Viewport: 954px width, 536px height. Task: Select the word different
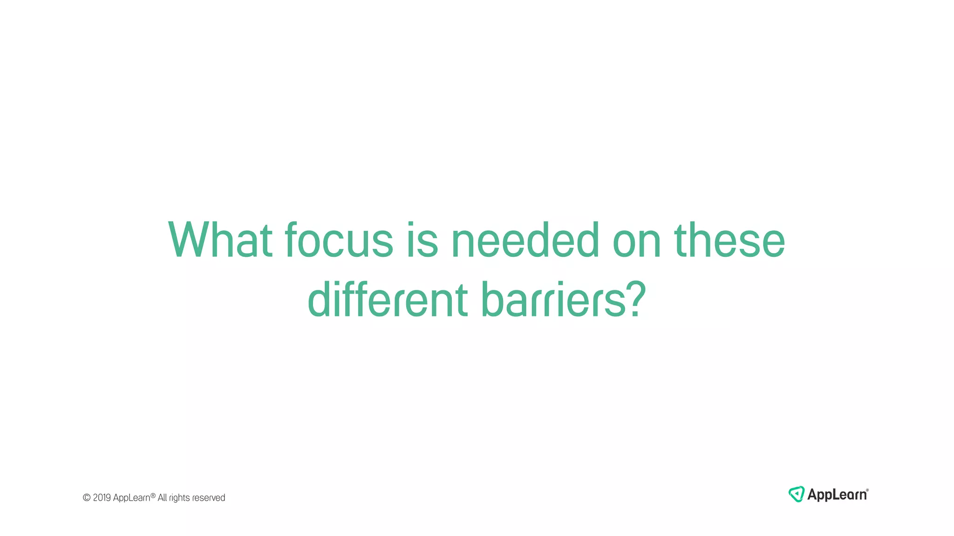point(388,300)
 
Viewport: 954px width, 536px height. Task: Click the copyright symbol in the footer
point(87,498)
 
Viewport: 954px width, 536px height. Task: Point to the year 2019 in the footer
point(102,498)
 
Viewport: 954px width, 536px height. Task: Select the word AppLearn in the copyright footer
point(131,498)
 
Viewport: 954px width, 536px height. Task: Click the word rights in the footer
point(179,498)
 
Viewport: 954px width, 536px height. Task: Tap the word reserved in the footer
point(209,498)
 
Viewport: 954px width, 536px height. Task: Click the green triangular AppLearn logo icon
point(796,494)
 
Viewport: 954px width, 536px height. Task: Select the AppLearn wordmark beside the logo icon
point(837,495)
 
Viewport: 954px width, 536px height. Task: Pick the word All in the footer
point(162,498)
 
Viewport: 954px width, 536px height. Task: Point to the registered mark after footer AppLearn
point(153,496)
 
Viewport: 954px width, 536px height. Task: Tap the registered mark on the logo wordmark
point(867,490)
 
